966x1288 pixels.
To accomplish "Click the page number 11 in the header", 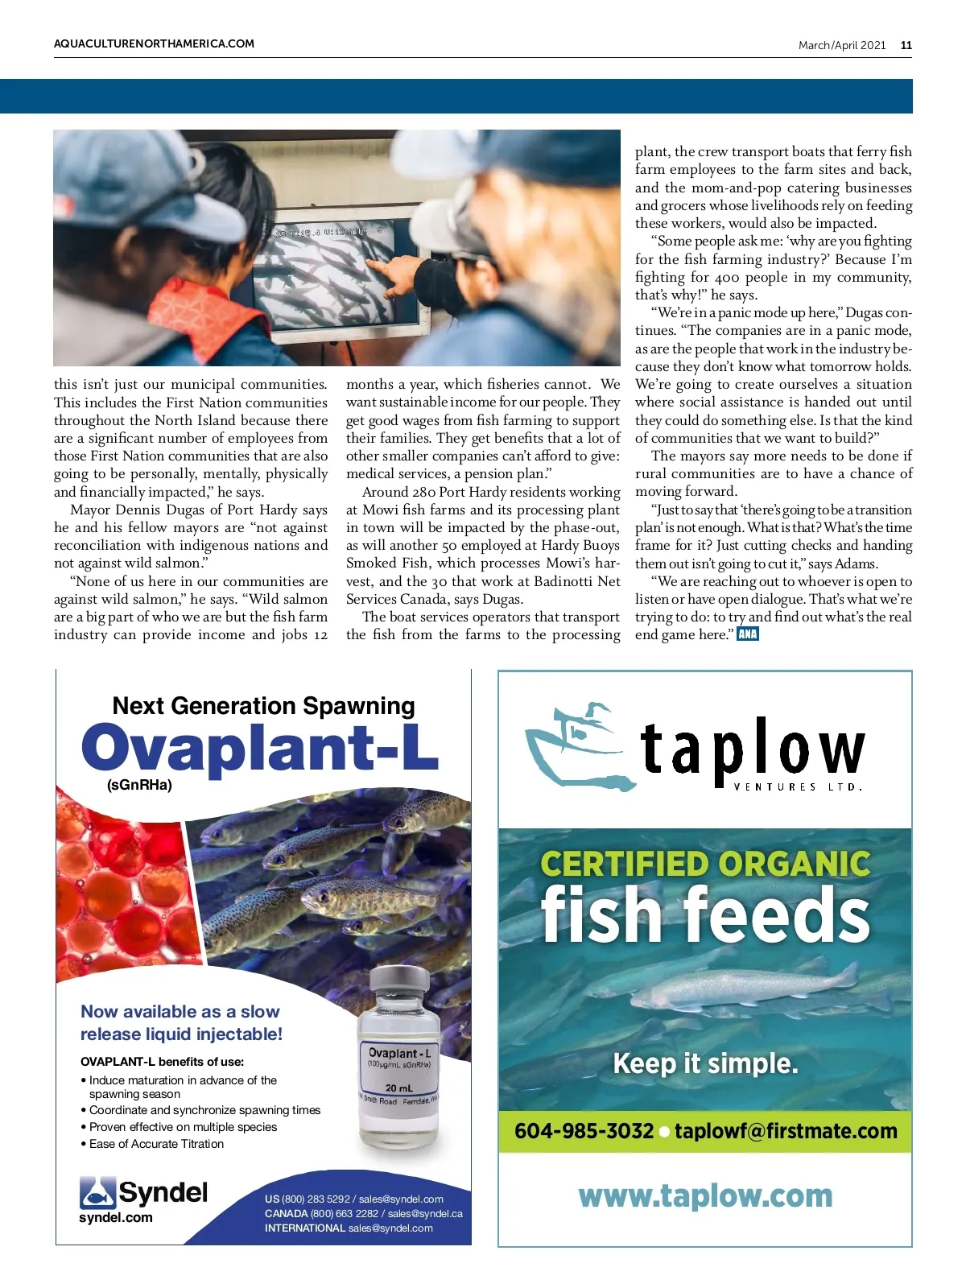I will tap(906, 46).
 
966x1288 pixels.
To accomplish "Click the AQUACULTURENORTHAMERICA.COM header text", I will tap(154, 44).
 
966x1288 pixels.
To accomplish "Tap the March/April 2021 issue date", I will tap(841, 46).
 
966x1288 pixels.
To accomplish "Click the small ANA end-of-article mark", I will tap(747, 634).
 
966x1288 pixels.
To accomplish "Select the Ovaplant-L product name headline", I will tap(259, 749).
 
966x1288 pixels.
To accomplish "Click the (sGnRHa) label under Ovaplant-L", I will tap(139, 786).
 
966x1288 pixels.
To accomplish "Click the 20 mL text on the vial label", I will tap(398, 1088).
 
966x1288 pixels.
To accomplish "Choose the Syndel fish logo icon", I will tap(97, 1193).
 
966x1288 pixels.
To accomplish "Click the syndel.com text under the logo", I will tap(115, 1218).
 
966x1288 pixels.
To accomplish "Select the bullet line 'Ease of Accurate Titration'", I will tap(156, 1144).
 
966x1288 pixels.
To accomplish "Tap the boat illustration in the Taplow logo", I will tap(573, 741).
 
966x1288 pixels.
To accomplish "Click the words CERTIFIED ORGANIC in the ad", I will tap(705, 864).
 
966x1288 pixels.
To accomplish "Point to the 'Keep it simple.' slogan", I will tap(705, 1063).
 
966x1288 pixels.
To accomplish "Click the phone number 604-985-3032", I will tap(584, 1131).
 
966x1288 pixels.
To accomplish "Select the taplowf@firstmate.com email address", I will tap(786, 1131).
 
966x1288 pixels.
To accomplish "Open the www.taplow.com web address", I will tap(705, 1196).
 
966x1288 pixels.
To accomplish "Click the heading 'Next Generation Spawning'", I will tap(263, 706).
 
